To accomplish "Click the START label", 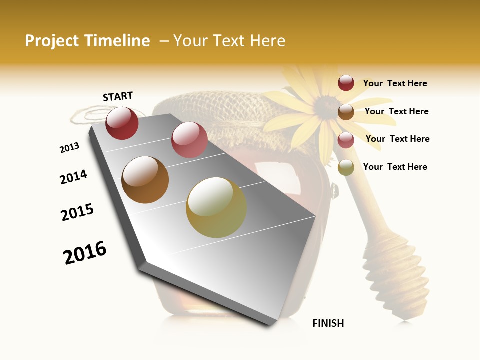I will pos(118,96).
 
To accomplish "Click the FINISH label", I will pos(328,323).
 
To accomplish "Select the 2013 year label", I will pos(69,148).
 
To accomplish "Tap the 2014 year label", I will pos(73,177).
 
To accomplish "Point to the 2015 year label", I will pos(77,212).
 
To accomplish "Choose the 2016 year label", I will pos(85,253).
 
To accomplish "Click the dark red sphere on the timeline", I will pos(122,123).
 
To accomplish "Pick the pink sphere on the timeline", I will pos(189,140).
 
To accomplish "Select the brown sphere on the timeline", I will pos(145,180).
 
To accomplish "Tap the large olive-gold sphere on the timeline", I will pos(216,207).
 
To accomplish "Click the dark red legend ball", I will pos(346,83).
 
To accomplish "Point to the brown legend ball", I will pos(346,112).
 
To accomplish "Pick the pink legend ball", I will pos(346,140).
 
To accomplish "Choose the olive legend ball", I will pos(346,168).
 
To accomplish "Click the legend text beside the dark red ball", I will pos(395,83).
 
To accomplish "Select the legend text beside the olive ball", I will pos(395,167).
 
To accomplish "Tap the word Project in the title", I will pos(51,41).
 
